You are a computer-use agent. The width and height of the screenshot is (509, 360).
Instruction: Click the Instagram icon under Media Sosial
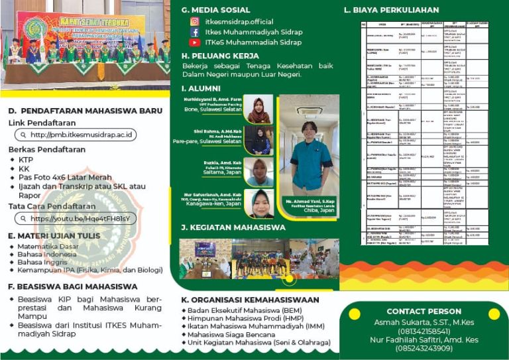click(195, 21)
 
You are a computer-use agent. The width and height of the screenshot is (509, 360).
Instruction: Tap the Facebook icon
click(195, 32)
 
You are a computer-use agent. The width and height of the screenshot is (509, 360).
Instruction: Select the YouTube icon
click(195, 42)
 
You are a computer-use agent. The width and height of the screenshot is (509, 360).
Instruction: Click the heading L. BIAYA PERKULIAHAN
click(391, 10)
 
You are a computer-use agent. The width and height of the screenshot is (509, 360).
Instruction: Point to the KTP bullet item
click(26, 160)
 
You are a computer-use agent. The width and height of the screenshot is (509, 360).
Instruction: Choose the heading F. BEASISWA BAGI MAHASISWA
click(73, 287)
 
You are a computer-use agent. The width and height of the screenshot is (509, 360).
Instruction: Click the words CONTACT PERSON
click(424, 312)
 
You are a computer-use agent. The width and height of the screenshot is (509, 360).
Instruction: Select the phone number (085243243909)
click(424, 348)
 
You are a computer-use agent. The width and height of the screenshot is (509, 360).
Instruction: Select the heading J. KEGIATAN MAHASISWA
click(233, 227)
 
